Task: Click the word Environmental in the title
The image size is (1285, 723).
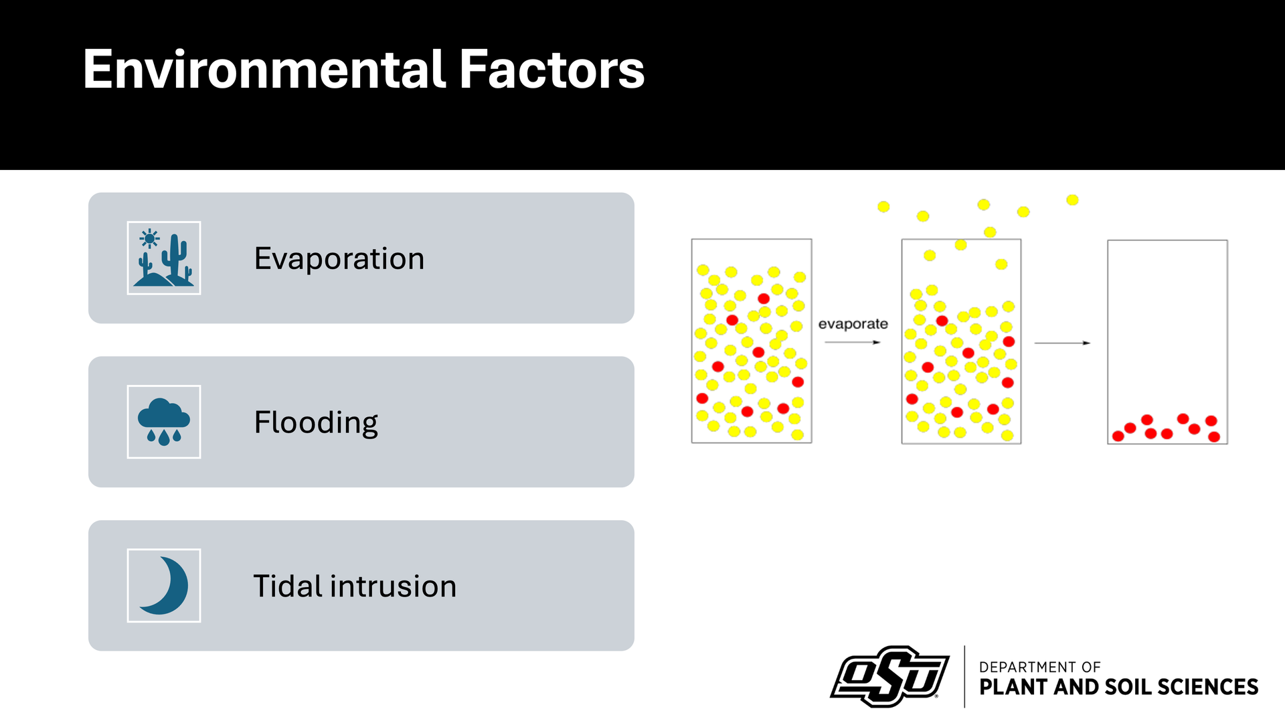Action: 265,69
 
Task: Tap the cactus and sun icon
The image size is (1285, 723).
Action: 164,258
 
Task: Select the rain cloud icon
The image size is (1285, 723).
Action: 164,422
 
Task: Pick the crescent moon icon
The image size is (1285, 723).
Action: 164,586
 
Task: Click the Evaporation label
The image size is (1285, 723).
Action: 339,258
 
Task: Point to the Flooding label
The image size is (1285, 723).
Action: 316,423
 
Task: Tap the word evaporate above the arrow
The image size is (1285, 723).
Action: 853,324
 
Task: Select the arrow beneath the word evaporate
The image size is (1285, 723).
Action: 853,342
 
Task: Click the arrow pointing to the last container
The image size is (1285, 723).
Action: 1063,343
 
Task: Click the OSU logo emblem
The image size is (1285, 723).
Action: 889,676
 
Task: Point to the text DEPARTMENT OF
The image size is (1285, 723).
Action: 1039,667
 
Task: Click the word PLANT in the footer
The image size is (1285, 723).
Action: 1014,687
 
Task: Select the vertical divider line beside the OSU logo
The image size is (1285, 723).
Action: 964,676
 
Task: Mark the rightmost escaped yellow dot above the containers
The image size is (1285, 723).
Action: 1072,199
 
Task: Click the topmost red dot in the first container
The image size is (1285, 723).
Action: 764,299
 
